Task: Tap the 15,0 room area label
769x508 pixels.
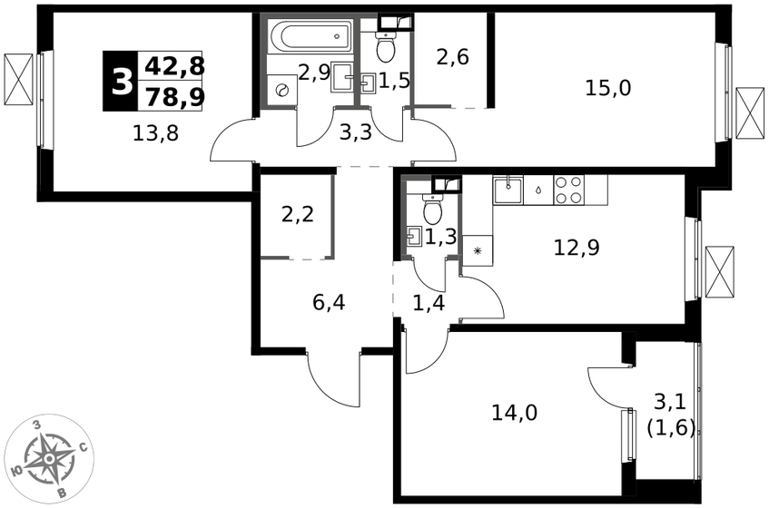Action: pos(608,88)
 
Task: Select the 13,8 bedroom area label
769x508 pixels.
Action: pos(156,132)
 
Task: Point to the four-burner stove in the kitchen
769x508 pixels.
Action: pos(569,190)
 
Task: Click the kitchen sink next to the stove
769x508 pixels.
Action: pos(508,189)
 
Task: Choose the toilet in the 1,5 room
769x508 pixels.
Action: pos(387,46)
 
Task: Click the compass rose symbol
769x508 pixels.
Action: pos(51,458)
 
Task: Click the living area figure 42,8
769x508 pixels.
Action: pos(175,66)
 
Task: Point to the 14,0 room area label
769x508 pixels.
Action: pos(515,413)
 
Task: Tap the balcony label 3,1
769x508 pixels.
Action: pos(670,405)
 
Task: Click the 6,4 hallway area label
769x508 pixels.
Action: pos(329,302)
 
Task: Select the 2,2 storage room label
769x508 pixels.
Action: pos(298,214)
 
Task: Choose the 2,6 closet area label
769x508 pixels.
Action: pos(453,57)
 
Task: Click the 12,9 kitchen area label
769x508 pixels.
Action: pos(577,248)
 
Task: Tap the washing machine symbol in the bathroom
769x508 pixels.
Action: pos(282,90)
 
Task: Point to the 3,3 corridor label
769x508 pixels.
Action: pos(356,132)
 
